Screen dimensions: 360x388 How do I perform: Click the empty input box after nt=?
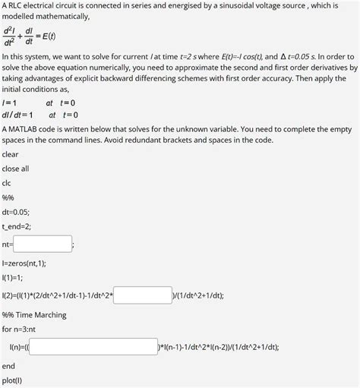click(x=42, y=244)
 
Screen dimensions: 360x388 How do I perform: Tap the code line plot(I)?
click(x=12, y=380)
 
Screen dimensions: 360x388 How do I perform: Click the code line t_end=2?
click(x=16, y=226)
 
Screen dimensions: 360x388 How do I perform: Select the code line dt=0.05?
click(x=16, y=212)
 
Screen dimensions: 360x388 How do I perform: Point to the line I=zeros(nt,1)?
click(x=24, y=263)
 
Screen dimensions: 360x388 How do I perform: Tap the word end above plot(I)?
click(x=8, y=365)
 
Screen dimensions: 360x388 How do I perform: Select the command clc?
click(x=7, y=183)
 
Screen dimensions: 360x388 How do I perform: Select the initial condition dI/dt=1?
click(x=17, y=115)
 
